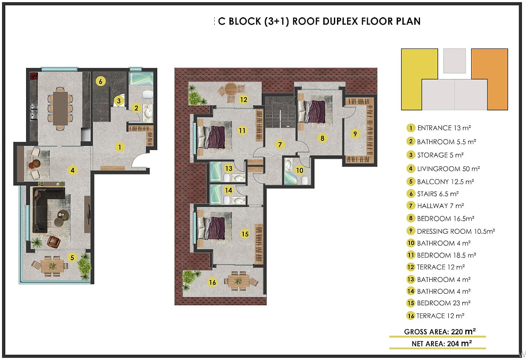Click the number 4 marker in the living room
pyautogui.click(x=72, y=170)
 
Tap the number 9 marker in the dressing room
pyautogui.click(x=355, y=134)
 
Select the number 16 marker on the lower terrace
pyautogui.click(x=212, y=283)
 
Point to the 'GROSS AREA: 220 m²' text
pyautogui.click(x=440, y=331)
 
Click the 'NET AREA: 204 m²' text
pyautogui.click(x=442, y=344)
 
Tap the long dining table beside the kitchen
pyautogui.click(x=61, y=108)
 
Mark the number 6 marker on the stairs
pyautogui.click(x=100, y=81)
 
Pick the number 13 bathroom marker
pyautogui.click(x=229, y=168)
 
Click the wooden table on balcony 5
pyautogui.click(x=52, y=266)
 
